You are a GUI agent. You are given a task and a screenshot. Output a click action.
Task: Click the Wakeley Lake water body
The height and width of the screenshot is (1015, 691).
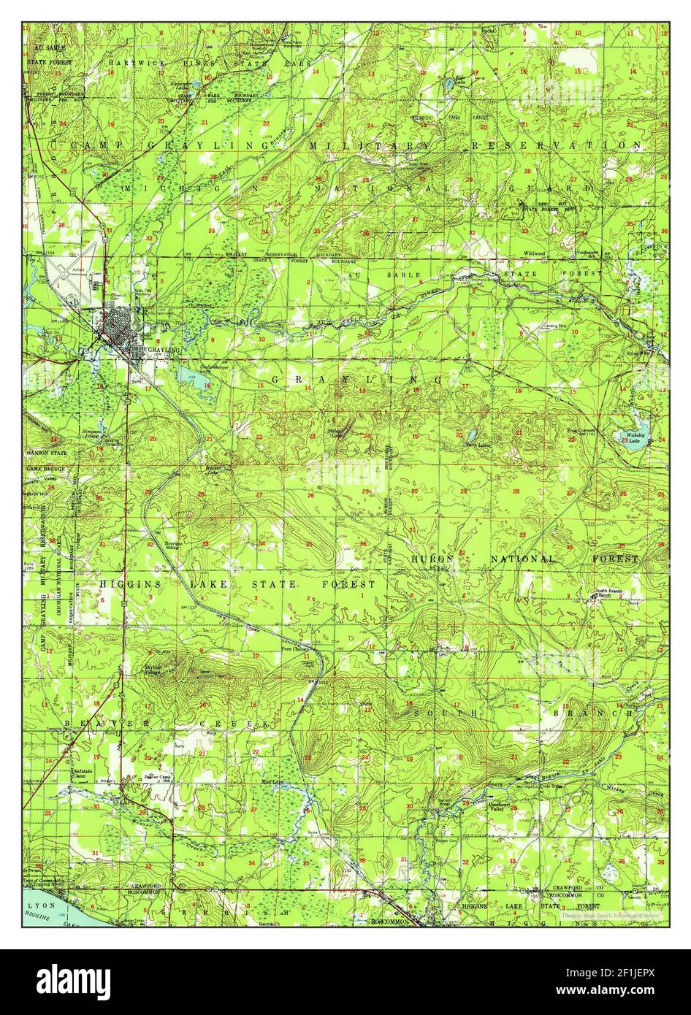click(x=630, y=437)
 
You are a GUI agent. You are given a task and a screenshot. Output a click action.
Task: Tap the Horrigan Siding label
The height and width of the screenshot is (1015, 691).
click(x=174, y=545)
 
